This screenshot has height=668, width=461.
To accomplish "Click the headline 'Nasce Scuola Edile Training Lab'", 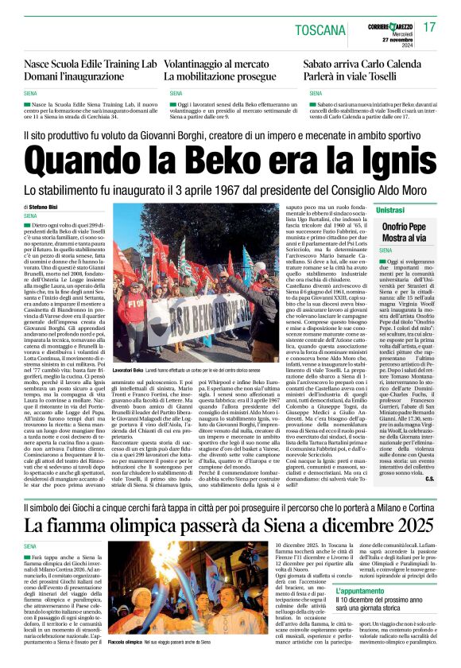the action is [91, 63].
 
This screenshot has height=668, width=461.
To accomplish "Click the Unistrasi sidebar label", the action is [390, 209].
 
